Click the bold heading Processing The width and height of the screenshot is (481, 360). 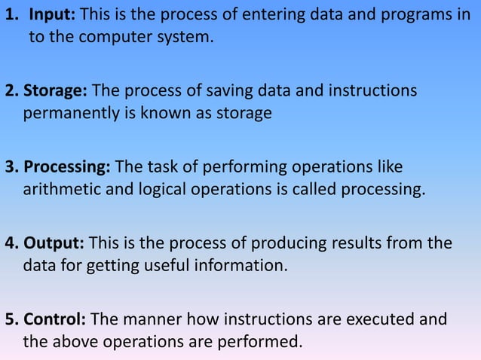tap(67, 166)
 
